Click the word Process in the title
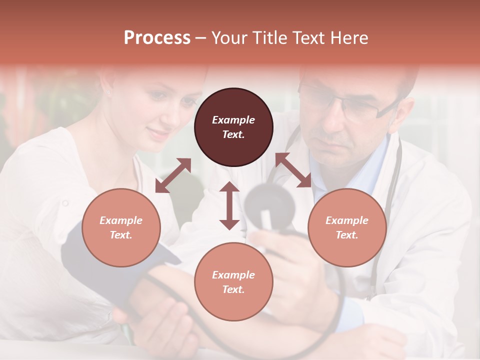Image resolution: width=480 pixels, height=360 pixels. coord(157,37)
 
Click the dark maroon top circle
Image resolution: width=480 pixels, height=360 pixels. coord(233,127)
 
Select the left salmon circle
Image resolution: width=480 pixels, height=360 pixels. coord(121,227)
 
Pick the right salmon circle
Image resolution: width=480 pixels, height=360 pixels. coord(347,227)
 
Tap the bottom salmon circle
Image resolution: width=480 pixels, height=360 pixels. coord(233,282)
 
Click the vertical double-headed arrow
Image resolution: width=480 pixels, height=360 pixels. coord(229,205)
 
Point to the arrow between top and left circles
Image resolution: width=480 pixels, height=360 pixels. coord(173,175)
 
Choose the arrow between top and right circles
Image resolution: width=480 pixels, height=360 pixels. coord(293,170)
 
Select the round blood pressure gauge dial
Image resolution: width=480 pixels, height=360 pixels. coord(269,204)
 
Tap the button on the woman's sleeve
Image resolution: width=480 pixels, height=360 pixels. coord(64,203)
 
